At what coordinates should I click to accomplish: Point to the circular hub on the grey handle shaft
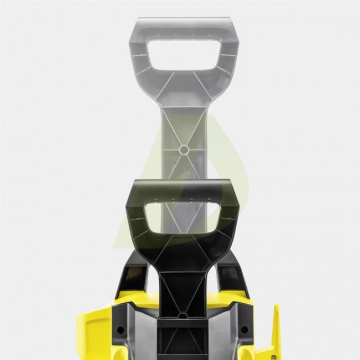183,149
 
